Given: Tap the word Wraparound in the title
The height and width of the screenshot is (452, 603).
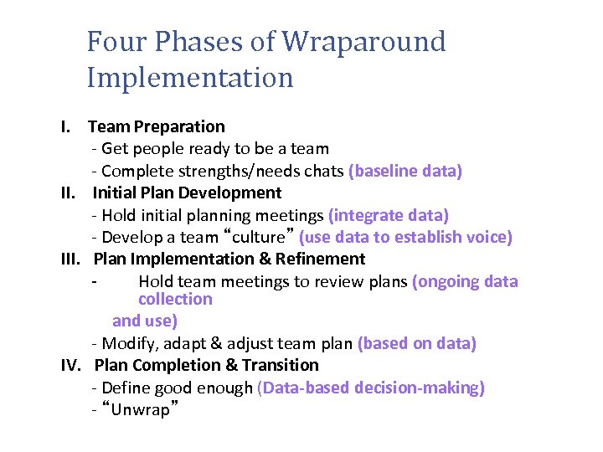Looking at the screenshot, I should pyautogui.click(x=364, y=42).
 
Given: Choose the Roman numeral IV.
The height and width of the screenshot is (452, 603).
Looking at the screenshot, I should pyautogui.click(x=71, y=366).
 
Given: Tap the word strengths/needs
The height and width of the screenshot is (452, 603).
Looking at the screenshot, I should pyautogui.click(x=255, y=172).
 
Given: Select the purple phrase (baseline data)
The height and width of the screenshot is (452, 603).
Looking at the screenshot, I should pyautogui.click(x=405, y=172).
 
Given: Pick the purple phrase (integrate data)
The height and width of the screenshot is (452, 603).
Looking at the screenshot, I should pyautogui.click(x=389, y=215).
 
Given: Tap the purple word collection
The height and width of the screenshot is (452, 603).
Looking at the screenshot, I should pyautogui.click(x=175, y=300).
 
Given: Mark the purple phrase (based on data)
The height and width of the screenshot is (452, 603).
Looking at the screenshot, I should pyautogui.click(x=417, y=344).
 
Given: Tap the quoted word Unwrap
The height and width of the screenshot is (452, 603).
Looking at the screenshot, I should pyautogui.click(x=140, y=411).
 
